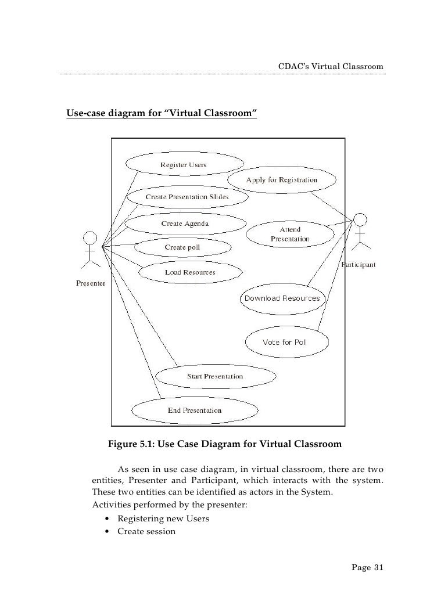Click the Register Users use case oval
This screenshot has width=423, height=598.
click(x=184, y=165)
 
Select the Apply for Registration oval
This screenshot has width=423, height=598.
click(x=282, y=180)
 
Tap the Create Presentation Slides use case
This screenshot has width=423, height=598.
click(x=187, y=197)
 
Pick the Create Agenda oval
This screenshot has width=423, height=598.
click(x=185, y=223)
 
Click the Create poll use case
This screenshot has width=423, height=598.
click(x=182, y=247)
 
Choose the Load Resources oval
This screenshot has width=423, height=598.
click(x=190, y=272)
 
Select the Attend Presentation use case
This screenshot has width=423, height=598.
click(x=290, y=234)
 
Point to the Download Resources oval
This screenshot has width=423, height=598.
click(x=282, y=298)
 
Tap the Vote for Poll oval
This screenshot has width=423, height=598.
click(x=285, y=342)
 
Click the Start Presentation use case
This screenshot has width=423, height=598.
click(x=215, y=376)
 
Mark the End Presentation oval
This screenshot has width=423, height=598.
click(x=195, y=410)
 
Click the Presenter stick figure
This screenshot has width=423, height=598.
click(x=89, y=250)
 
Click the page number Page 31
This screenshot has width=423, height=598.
click(x=368, y=567)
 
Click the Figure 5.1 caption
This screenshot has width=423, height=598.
click(x=225, y=445)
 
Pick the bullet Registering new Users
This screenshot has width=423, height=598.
click(x=163, y=518)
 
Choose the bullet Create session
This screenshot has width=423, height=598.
click(x=146, y=531)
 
